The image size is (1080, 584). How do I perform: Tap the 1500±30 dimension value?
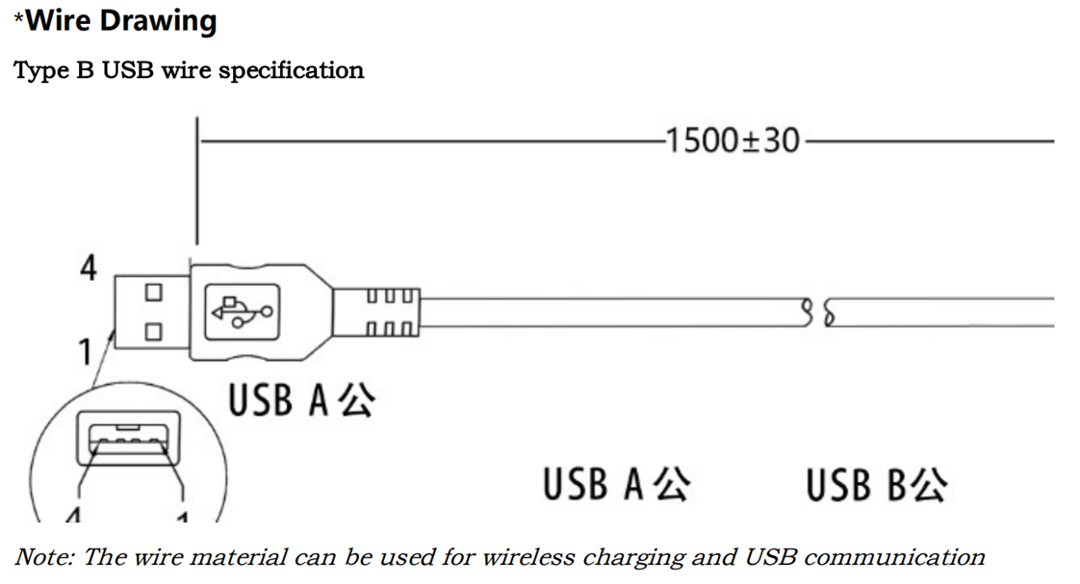(x=732, y=141)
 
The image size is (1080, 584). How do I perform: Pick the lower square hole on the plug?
(x=152, y=333)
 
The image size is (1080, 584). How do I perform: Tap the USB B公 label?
(x=876, y=485)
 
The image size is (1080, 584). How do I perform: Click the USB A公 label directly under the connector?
(x=299, y=400)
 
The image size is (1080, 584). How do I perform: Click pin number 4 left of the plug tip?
(x=88, y=267)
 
